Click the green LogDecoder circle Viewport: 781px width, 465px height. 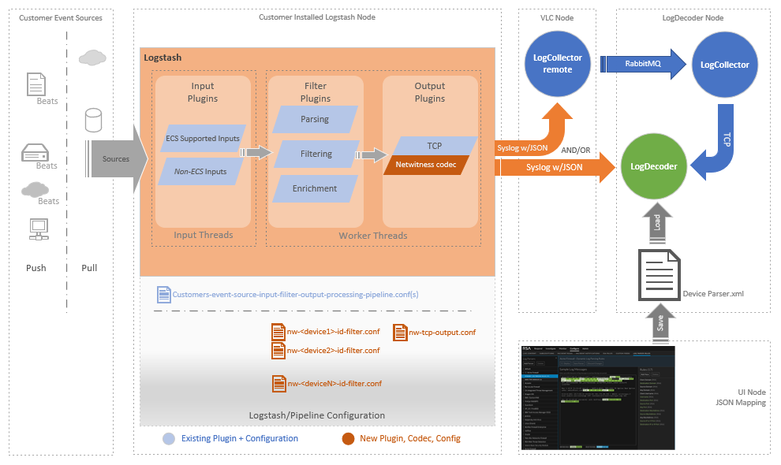pos(654,166)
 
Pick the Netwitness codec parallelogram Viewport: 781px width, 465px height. pos(426,165)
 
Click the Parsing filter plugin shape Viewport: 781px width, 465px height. pos(315,120)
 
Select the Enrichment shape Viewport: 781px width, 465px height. pos(315,188)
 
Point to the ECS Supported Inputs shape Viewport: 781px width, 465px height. pos(202,139)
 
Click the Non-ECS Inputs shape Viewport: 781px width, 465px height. pos(200,172)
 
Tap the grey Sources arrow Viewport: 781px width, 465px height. pos(119,159)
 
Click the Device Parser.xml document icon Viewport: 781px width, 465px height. pos(659,276)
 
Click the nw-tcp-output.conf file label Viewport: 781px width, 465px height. pos(442,333)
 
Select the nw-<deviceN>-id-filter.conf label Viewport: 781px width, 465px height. pos(334,383)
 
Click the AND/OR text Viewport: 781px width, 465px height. pos(574,150)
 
